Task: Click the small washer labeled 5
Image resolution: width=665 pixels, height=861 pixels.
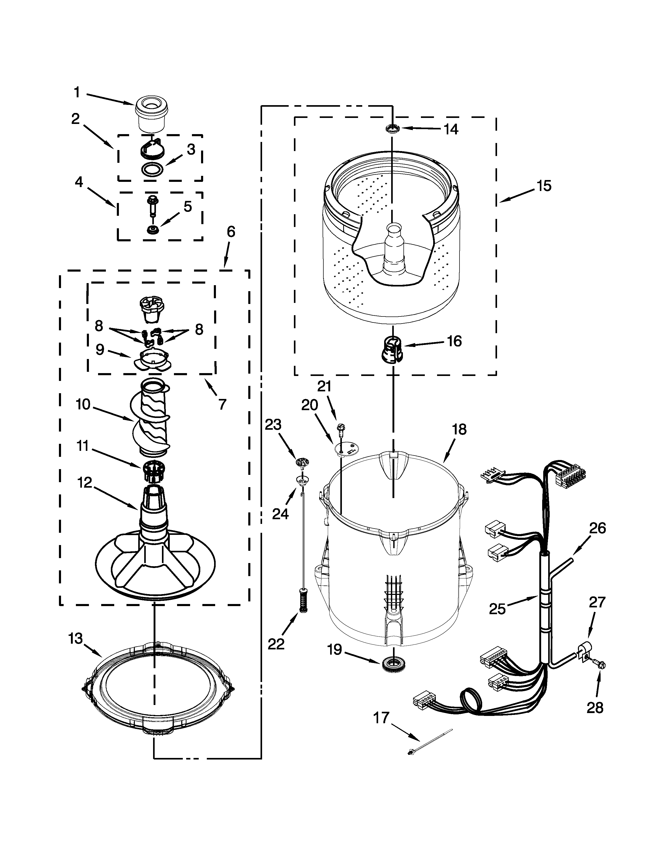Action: [x=151, y=229]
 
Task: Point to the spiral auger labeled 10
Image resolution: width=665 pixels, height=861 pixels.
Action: [x=150, y=418]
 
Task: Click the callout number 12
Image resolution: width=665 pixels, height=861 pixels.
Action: [x=85, y=482]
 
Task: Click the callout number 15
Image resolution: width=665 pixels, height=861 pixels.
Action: [x=544, y=186]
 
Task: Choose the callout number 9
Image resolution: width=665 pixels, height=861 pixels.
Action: [x=100, y=349]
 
